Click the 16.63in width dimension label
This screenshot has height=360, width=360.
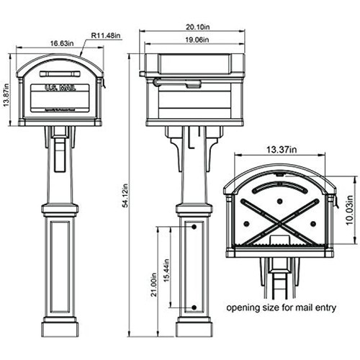(x=62, y=43)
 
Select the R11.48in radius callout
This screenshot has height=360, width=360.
(x=106, y=35)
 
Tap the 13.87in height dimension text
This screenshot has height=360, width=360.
(x=6, y=95)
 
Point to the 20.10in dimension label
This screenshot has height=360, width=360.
(x=198, y=27)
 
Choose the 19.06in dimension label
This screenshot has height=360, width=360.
(x=197, y=40)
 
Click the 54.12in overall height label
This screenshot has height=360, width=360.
(x=125, y=195)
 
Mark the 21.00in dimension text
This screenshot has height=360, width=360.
(x=153, y=284)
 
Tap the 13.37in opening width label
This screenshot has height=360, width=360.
(x=282, y=150)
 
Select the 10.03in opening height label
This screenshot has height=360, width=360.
(x=349, y=210)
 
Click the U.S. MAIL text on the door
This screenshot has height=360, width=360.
(x=60, y=88)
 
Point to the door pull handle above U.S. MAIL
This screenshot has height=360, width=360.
(x=60, y=73)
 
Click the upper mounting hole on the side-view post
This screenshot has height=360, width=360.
(x=194, y=227)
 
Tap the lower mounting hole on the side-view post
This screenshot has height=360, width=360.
(x=194, y=307)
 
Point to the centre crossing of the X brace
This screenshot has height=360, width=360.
(x=279, y=223)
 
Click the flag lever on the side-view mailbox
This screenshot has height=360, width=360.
(x=177, y=83)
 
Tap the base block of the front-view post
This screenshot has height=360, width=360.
(x=60, y=329)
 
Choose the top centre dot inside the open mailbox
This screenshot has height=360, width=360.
(x=279, y=201)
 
